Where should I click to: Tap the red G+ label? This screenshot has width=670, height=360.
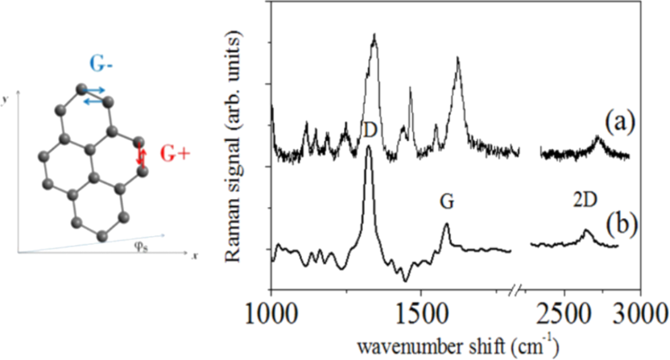172,154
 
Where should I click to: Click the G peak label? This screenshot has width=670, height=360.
448,203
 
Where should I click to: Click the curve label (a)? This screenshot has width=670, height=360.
621,122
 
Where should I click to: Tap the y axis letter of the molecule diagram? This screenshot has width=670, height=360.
5,98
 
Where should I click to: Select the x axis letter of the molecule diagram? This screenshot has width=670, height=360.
194,255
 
